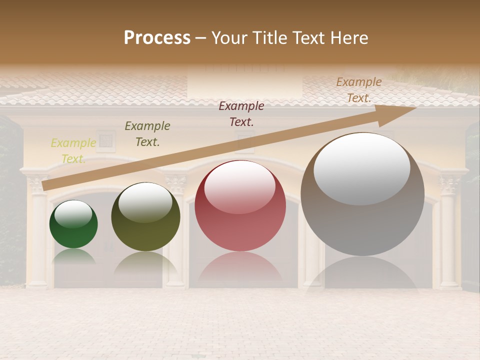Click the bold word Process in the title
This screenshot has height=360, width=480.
[157, 38]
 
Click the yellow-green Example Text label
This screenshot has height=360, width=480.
[73, 151]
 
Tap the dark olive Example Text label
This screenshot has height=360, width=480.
[147, 134]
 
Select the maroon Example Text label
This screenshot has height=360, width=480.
[241, 113]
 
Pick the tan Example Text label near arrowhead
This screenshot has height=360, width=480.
[359, 90]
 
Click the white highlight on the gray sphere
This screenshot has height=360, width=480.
[362, 168]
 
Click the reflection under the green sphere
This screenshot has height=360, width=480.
[73, 256]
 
